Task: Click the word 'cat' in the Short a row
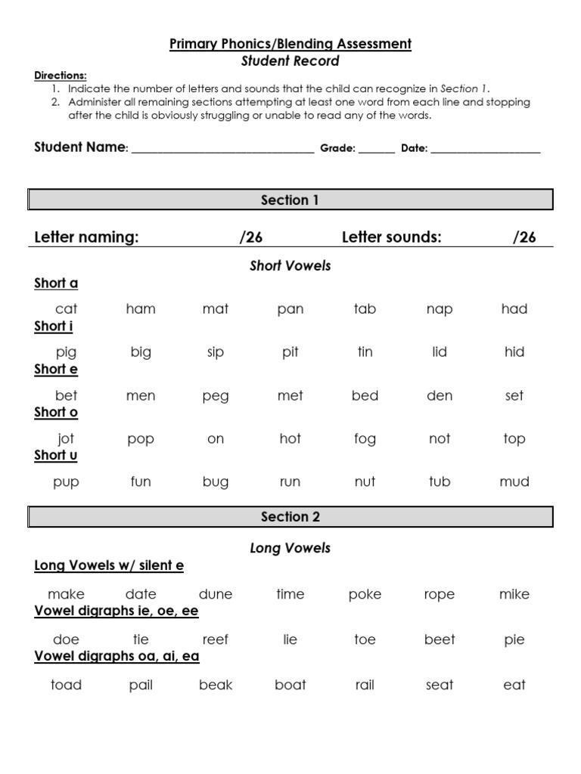tap(67, 308)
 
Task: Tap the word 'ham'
tap(141, 308)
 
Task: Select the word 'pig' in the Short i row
tap(67, 352)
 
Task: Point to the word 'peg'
tap(216, 396)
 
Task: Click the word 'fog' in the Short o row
tap(365, 439)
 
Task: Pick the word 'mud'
tap(514, 481)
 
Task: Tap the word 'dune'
tap(216, 594)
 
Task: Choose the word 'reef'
tap(216, 639)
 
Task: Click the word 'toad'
tap(66, 685)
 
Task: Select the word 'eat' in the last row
tap(514, 685)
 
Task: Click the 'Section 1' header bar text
tap(290, 200)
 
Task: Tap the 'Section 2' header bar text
tap(290, 517)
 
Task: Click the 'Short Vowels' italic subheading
tap(290, 266)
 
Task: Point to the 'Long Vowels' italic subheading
tap(290, 549)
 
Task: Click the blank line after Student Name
tap(222, 151)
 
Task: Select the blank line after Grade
tap(377, 151)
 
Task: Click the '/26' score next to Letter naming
tap(251, 237)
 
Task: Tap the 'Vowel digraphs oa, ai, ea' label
tap(117, 656)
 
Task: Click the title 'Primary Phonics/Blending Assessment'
tap(290, 45)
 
